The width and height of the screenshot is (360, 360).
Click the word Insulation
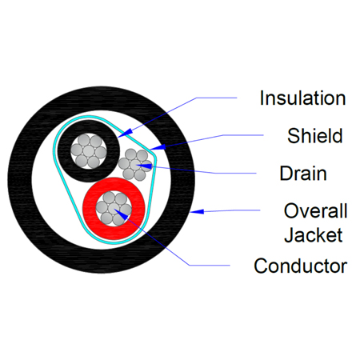coord(302,98)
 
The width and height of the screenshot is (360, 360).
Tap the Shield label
coord(315,136)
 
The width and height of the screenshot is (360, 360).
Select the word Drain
coord(303,174)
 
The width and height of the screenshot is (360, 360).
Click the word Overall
coord(315,210)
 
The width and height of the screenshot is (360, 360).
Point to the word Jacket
coord(314,235)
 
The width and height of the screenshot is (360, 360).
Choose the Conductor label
coord(301,266)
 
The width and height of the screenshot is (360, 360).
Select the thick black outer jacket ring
coord(20,180)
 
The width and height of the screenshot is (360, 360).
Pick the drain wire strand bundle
coord(135,165)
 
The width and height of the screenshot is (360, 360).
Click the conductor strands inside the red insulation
coord(114,209)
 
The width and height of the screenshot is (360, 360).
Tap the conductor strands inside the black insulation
coord(89,151)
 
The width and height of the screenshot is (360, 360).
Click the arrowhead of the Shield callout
coord(158,147)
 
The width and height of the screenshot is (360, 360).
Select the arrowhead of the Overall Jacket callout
coord(197,211)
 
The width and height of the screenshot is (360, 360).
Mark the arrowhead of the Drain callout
coord(145,167)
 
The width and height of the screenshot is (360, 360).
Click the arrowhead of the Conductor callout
coord(122,214)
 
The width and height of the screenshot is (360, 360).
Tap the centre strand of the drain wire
coord(135,165)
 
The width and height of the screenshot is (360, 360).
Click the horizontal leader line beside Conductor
coord(210,266)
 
